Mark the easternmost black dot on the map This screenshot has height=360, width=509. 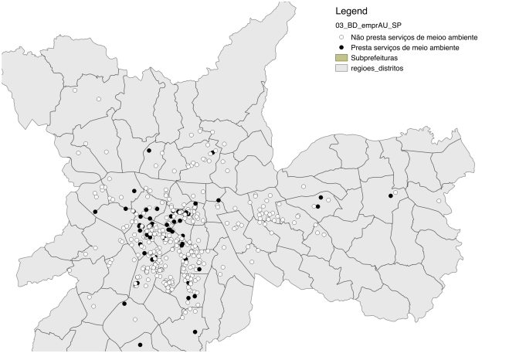pyautogui.click(x=391, y=195)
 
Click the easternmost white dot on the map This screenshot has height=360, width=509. pyautogui.click(x=395, y=192)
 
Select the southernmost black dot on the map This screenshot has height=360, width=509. pyautogui.click(x=141, y=345)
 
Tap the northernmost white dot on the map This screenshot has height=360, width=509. pyautogui.click(x=76, y=90)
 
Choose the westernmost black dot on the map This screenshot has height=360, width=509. pyautogui.click(x=96, y=212)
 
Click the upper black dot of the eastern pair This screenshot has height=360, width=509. pyautogui.click(x=320, y=199)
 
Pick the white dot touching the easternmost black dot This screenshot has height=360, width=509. pyautogui.click(x=395, y=192)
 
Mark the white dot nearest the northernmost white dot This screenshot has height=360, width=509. pyautogui.click(x=100, y=100)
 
